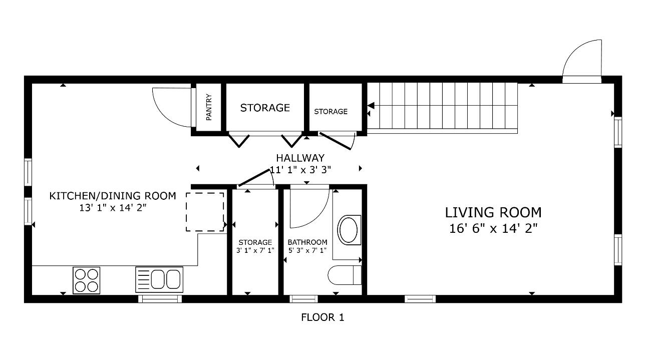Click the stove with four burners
87,280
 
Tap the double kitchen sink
159,279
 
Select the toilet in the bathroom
345,275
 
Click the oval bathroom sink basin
349,230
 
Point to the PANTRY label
209,108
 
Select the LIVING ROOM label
493,212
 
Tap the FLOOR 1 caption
322,317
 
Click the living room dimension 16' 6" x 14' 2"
493,229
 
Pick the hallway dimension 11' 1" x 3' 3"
300,170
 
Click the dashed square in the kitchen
205,212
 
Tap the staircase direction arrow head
371,106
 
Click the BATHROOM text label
307,242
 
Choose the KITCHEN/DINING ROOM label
112,196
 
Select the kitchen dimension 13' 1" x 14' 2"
112,207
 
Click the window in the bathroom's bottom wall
304,299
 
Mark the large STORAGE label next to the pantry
265,108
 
